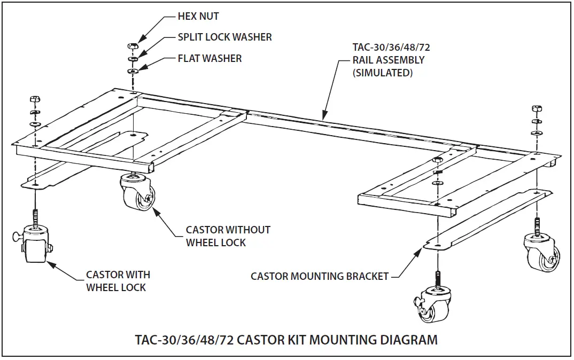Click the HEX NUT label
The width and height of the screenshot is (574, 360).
click(198, 17)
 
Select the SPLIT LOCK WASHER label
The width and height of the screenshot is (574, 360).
click(224, 37)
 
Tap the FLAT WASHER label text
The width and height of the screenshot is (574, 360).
click(210, 58)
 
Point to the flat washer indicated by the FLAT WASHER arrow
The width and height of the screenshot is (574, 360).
click(131, 70)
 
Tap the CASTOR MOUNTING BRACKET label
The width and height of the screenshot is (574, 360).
click(320, 276)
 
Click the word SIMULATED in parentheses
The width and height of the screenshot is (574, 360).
click(382, 73)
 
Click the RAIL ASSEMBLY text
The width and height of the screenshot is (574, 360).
click(388, 60)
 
